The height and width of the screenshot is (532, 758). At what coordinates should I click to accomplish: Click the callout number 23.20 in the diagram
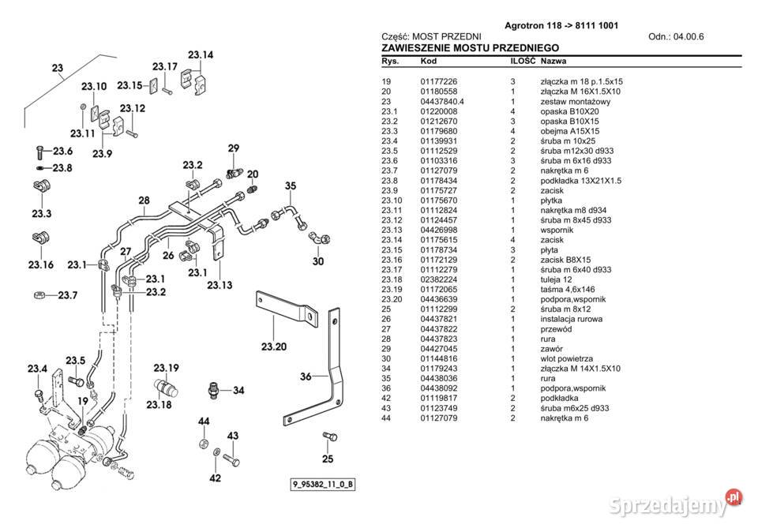[x=253, y=346]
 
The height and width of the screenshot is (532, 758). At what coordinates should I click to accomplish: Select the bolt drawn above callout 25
[x=330, y=437]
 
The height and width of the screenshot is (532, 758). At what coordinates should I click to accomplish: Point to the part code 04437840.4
[x=442, y=102]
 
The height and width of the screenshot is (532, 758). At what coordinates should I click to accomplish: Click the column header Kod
[x=429, y=61]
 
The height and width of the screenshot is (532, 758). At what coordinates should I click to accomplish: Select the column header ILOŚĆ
[x=523, y=61]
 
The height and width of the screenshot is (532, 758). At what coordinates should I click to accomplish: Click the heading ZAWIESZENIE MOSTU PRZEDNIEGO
[x=471, y=48]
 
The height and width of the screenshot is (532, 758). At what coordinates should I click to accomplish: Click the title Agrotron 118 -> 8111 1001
[x=561, y=25]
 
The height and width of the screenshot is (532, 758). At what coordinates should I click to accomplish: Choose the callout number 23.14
[x=200, y=55]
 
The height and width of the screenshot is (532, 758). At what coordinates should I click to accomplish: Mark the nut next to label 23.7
[x=38, y=296]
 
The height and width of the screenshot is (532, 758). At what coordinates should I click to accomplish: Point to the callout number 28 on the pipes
[x=144, y=200]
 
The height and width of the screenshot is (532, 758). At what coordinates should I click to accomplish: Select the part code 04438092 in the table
[x=439, y=388]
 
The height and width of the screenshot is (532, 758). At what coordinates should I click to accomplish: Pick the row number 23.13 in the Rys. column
[x=392, y=229]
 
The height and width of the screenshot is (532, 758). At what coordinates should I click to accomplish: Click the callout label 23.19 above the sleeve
[x=166, y=368]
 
